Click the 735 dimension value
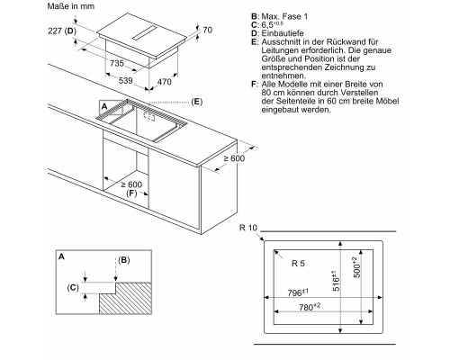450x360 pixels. [x=117, y=63]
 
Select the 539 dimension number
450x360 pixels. [x=125, y=80]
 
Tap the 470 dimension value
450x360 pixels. [x=165, y=82]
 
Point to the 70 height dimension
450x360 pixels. [x=208, y=30]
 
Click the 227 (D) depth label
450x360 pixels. [x=62, y=31]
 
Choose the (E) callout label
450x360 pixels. [x=197, y=102]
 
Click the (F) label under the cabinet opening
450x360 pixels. [x=131, y=193]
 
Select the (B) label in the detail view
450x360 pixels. [x=124, y=260]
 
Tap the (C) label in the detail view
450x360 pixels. [x=73, y=288]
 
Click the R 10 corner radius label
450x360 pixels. [x=248, y=228]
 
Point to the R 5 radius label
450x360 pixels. [x=298, y=264]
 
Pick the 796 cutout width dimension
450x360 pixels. [x=298, y=292]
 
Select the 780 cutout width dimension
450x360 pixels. [x=310, y=307]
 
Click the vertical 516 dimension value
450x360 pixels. [x=336, y=281]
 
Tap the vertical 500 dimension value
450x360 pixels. [x=356, y=267]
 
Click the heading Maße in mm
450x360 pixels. [x=71, y=6]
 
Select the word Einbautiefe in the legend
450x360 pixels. [x=283, y=33]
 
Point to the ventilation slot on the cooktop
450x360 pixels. [x=145, y=32]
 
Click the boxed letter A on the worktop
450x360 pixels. [x=104, y=106]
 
